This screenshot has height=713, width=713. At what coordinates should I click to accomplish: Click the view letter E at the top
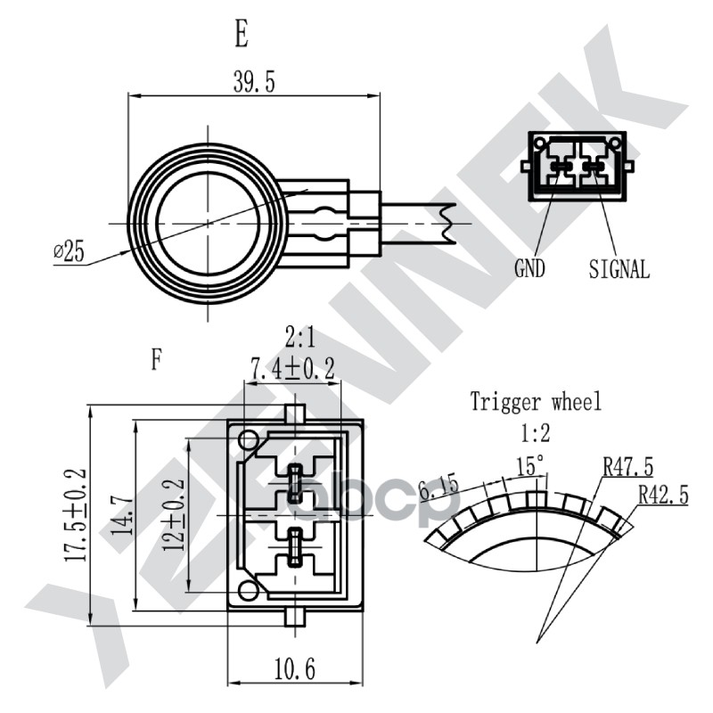241,35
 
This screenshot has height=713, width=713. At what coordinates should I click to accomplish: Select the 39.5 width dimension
254,83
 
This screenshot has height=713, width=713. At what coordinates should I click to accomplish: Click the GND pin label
529,268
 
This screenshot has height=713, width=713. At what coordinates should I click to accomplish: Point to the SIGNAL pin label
619,268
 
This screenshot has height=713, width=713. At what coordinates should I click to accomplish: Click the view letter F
157,359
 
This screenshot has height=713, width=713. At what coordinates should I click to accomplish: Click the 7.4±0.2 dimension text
292,367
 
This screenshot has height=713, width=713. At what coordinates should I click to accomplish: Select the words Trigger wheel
536,402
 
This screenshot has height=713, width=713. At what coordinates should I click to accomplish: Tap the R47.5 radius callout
627,466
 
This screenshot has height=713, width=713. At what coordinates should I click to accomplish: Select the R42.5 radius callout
663,496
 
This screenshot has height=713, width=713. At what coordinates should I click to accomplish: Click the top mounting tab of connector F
297,413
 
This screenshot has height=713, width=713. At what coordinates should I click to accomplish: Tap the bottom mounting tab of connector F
297,618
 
